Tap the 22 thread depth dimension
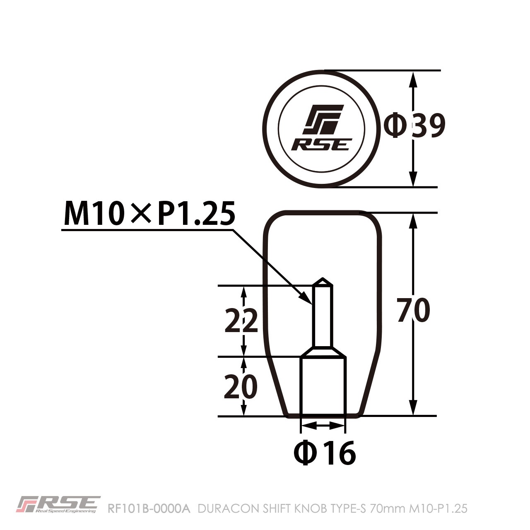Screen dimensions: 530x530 tap(241, 321)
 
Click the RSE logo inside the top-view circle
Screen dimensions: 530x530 tap(322, 128)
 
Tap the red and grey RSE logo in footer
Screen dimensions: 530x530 tap(58, 504)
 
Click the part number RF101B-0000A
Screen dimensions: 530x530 tap(148, 508)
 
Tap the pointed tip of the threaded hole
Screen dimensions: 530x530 tap(323, 280)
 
